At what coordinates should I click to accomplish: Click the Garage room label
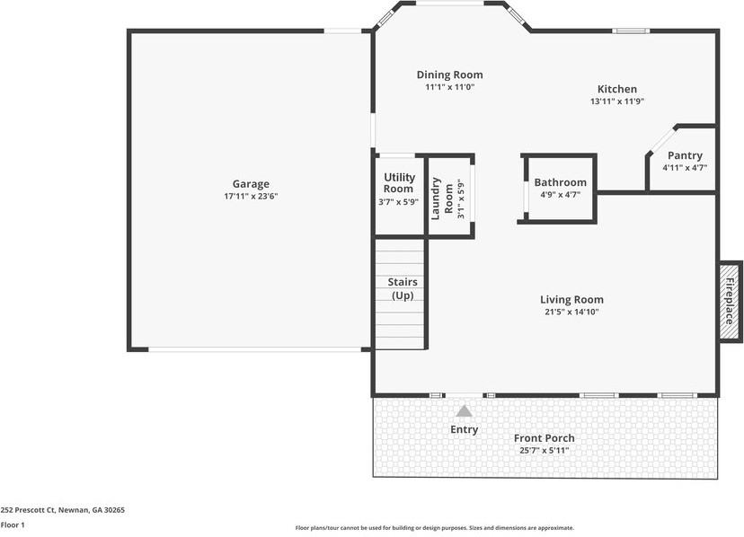251,184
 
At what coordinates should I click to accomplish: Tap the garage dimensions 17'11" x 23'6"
251,196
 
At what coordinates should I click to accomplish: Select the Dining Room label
449,75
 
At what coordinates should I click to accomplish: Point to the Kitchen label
617,89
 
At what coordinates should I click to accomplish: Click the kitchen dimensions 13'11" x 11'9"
617,101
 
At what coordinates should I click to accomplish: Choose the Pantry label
685,155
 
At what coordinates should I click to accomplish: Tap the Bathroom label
560,182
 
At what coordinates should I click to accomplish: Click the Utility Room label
398,183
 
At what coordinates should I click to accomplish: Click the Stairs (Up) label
402,288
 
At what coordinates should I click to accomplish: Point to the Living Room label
571,299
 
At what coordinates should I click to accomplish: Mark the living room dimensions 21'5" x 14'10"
571,312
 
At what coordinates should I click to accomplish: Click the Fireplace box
731,301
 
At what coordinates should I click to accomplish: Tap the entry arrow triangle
464,411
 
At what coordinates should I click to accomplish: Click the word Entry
464,429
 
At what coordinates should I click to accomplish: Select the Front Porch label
544,438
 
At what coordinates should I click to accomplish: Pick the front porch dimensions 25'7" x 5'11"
544,450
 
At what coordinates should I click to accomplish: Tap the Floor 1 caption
13,524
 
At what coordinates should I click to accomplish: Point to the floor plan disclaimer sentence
435,528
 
